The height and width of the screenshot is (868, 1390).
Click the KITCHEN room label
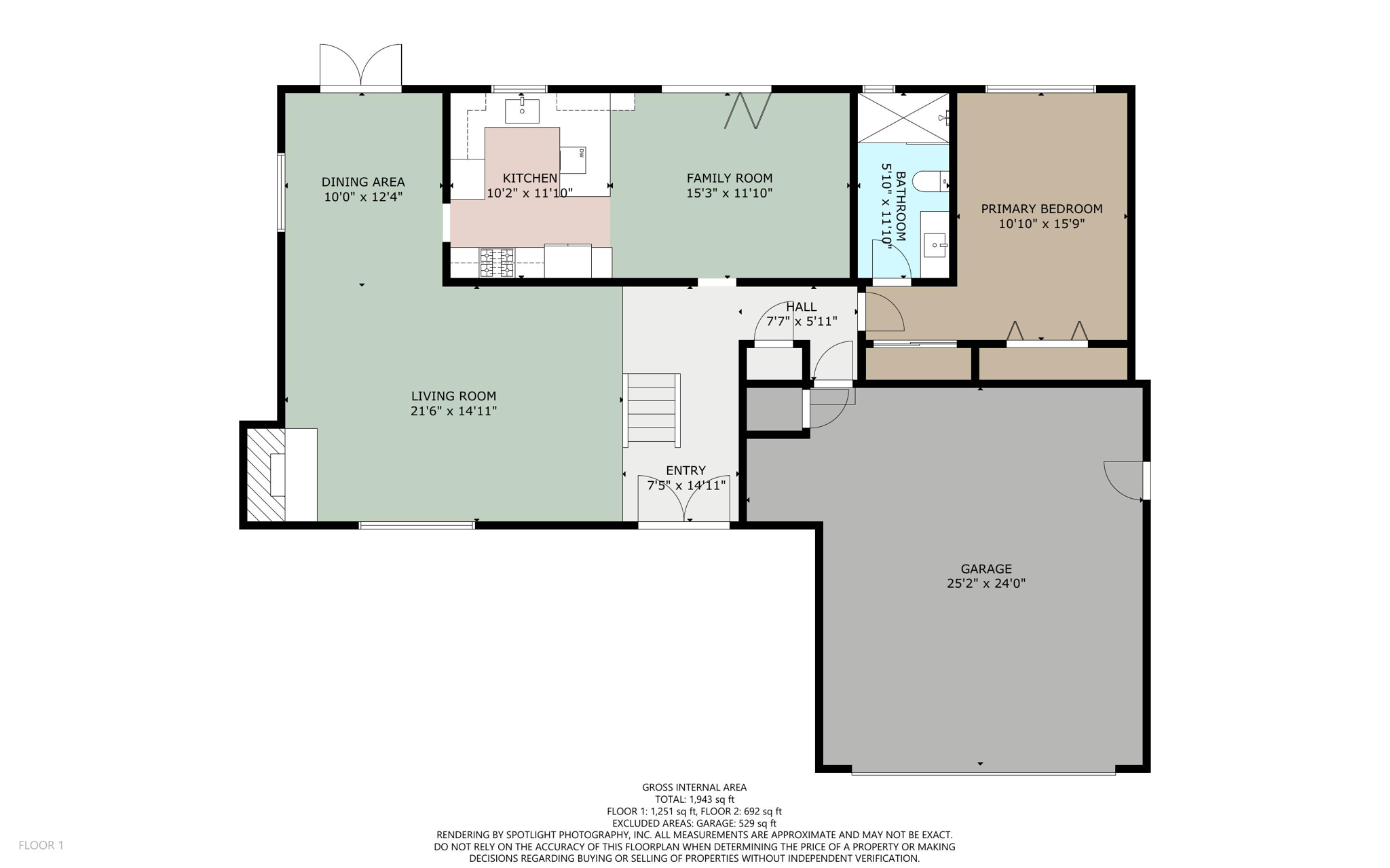coord(529,178)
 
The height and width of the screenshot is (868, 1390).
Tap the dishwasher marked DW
coord(574,159)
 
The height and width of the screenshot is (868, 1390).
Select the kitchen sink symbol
coord(522,111)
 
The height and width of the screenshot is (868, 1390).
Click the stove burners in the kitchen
coord(497,263)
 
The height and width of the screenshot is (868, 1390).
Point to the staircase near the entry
coord(652,410)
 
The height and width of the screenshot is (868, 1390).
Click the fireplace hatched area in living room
coord(265,474)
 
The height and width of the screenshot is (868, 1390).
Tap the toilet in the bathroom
coord(929,182)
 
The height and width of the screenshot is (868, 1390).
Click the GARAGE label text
coord(985,569)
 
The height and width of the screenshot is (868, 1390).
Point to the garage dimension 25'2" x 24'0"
coord(985,583)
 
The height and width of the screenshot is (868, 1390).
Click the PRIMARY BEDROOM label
coord(1041,208)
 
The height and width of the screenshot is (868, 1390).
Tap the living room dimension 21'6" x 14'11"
coord(453,411)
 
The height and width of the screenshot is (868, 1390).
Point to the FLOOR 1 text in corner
coord(41,845)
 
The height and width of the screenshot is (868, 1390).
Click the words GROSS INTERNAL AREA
coord(694,787)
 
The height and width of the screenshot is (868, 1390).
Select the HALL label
coord(801,307)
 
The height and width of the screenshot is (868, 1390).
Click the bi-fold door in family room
coord(747,111)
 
